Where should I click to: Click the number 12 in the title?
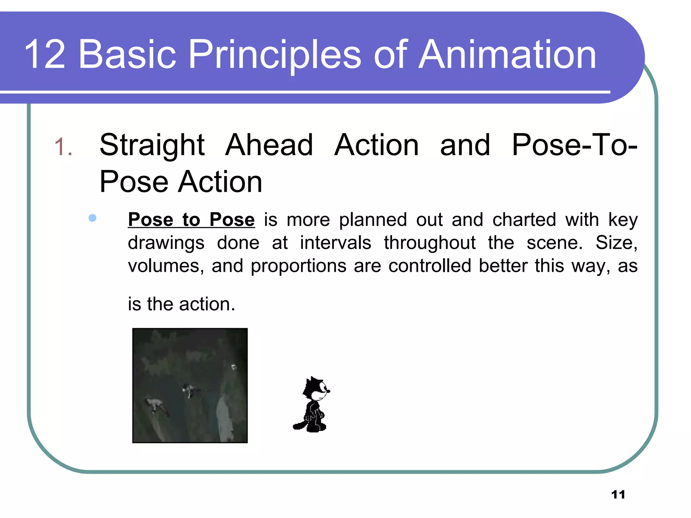tap(45, 55)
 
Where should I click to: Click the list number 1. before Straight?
tap(63, 147)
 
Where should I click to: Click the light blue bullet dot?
tap(92, 218)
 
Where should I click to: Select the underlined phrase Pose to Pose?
tap(191, 220)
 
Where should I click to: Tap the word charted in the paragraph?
tap(524, 220)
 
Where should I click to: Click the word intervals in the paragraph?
tap(335, 243)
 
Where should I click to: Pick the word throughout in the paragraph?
tap(430, 243)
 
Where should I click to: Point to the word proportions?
tap(298, 266)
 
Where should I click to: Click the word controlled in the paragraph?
tap(430, 266)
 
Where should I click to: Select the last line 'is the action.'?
tap(181, 304)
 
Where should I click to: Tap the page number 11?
tap(618, 495)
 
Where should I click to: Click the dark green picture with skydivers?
tap(190, 385)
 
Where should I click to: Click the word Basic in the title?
tap(127, 55)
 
